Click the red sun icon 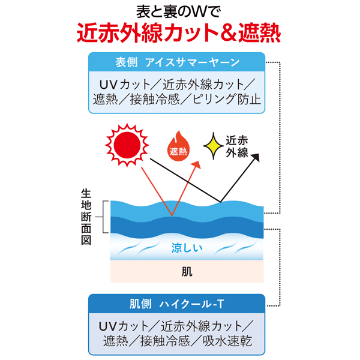(127, 145)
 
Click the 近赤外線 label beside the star (237, 146)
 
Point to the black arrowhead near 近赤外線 (256, 158)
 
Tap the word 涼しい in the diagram (187, 247)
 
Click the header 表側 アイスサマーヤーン (178, 62)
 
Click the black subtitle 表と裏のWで (179, 11)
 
